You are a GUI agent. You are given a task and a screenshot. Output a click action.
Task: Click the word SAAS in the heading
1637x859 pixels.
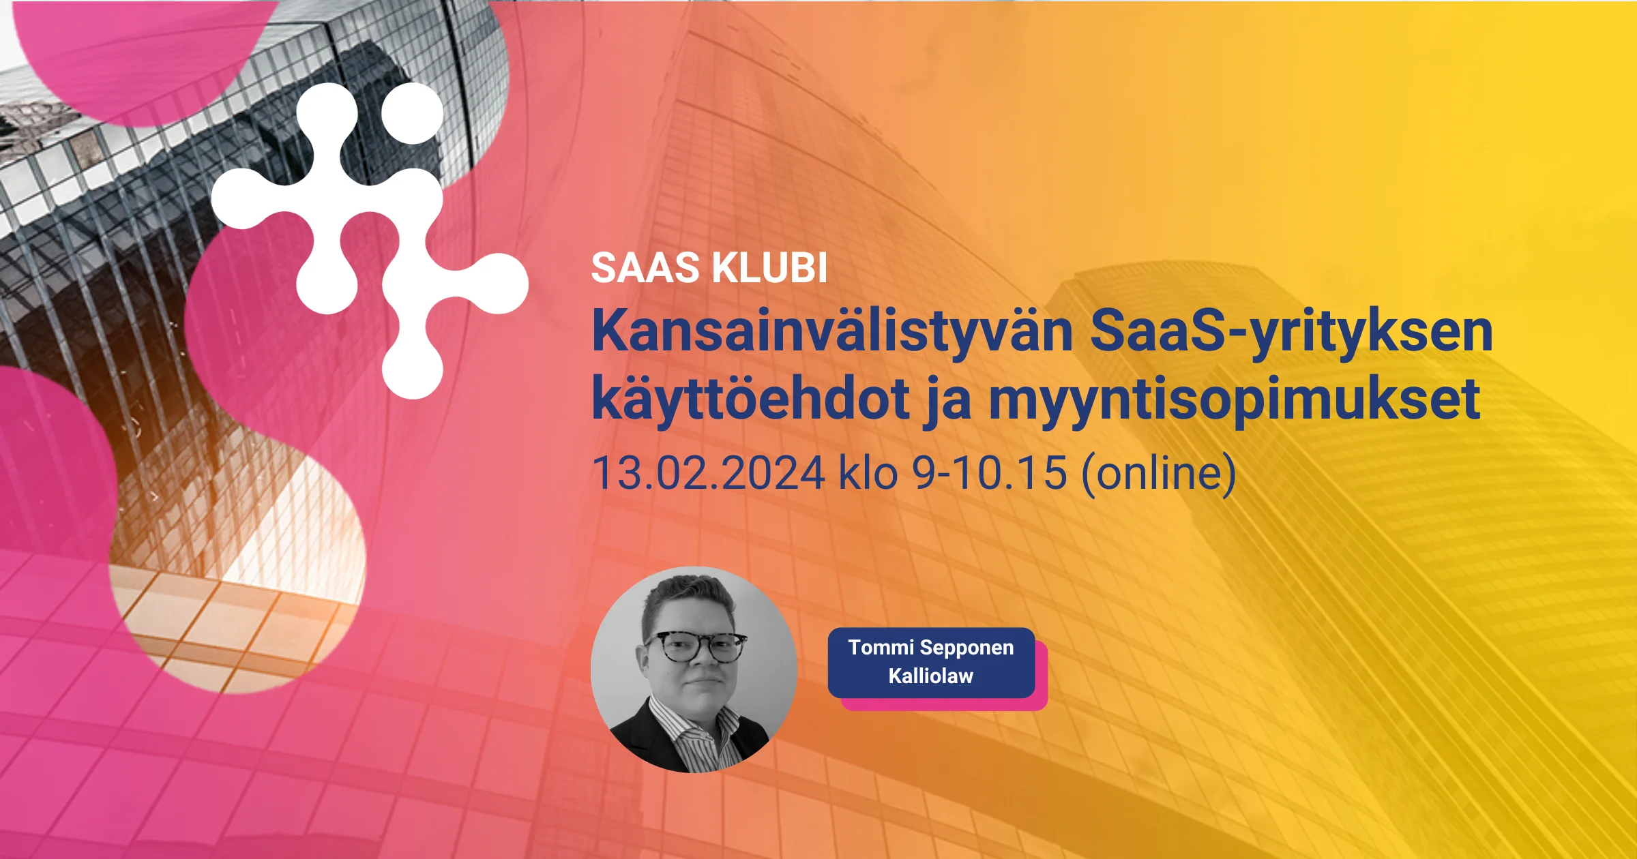(x=645, y=267)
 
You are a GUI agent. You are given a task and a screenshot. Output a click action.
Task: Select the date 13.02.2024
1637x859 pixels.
(x=709, y=473)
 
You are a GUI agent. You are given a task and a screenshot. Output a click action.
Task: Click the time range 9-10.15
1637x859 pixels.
(x=990, y=473)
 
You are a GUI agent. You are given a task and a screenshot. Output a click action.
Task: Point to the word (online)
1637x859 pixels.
(x=1159, y=474)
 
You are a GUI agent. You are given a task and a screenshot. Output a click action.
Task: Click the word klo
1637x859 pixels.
(x=868, y=472)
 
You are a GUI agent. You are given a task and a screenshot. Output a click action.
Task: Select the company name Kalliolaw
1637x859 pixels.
(x=931, y=676)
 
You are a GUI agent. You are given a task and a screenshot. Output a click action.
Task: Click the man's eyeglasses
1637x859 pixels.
(x=696, y=648)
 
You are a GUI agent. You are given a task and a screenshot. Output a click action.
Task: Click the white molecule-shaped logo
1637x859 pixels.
(x=370, y=240)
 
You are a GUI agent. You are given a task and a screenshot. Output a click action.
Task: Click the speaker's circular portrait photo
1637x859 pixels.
(x=694, y=669)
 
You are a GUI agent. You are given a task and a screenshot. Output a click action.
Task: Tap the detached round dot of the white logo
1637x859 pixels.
(x=413, y=113)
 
